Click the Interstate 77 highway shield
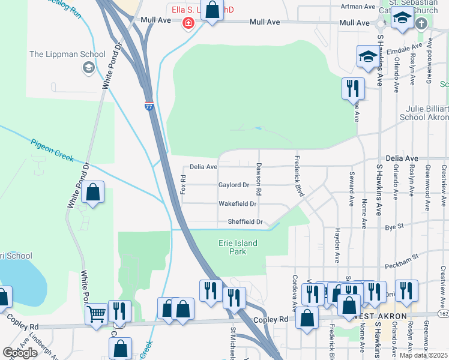[149, 106]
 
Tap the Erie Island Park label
[237, 247]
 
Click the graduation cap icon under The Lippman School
[89, 67]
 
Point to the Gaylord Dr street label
[234, 185]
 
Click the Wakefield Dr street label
[237, 204]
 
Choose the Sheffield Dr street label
[245, 222]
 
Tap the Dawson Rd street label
[259, 179]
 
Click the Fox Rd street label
[184, 184]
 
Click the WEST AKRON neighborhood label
[382, 316]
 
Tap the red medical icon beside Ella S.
[188, 22]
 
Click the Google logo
[20, 353]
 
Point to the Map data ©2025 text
[423, 355]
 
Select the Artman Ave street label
[358, 7]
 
